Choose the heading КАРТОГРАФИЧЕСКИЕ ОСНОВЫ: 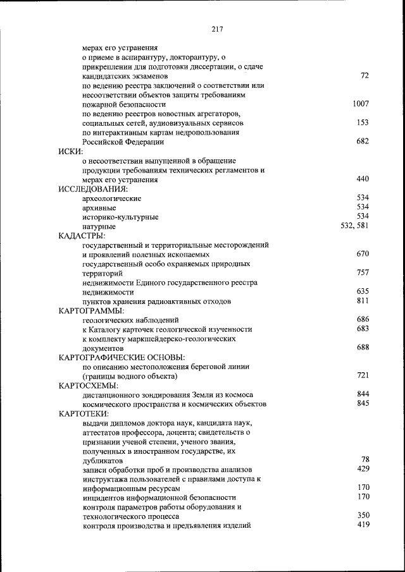[x=121, y=357]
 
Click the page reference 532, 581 [x=354, y=225]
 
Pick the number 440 [x=363, y=179]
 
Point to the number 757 [x=363, y=272]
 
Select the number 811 [x=363, y=301]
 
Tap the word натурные [x=99, y=226]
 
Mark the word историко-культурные [x=120, y=217]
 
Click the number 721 [x=363, y=375]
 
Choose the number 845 [x=363, y=403]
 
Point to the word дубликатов [x=103, y=461]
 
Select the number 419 [x=363, y=525]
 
